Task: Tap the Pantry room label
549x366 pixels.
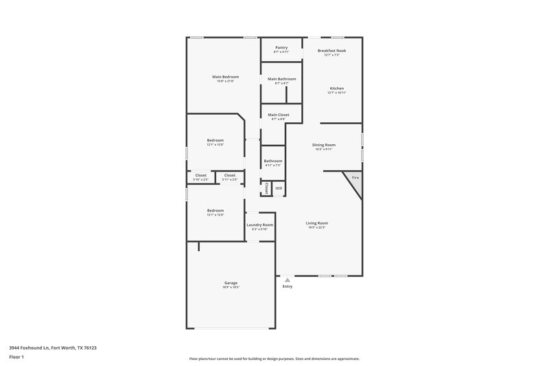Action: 281,47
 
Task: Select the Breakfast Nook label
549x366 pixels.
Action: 332,50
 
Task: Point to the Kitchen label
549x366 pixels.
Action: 336,89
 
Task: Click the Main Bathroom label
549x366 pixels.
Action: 281,79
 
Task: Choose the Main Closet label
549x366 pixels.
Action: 278,115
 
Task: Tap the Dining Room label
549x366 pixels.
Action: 324,145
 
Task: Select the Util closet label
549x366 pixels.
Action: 278,187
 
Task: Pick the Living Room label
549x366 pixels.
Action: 316,222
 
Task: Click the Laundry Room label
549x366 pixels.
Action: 259,225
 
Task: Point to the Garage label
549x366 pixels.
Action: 231,283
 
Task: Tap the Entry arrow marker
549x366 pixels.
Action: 288,279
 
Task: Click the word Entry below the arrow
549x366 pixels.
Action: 288,286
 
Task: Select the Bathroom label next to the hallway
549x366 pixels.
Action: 273,161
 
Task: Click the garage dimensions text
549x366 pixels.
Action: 231,288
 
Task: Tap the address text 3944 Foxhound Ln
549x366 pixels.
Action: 53,348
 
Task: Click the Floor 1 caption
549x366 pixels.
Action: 16,358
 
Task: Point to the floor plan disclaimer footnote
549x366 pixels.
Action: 274,358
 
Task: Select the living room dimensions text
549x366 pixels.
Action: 316,227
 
